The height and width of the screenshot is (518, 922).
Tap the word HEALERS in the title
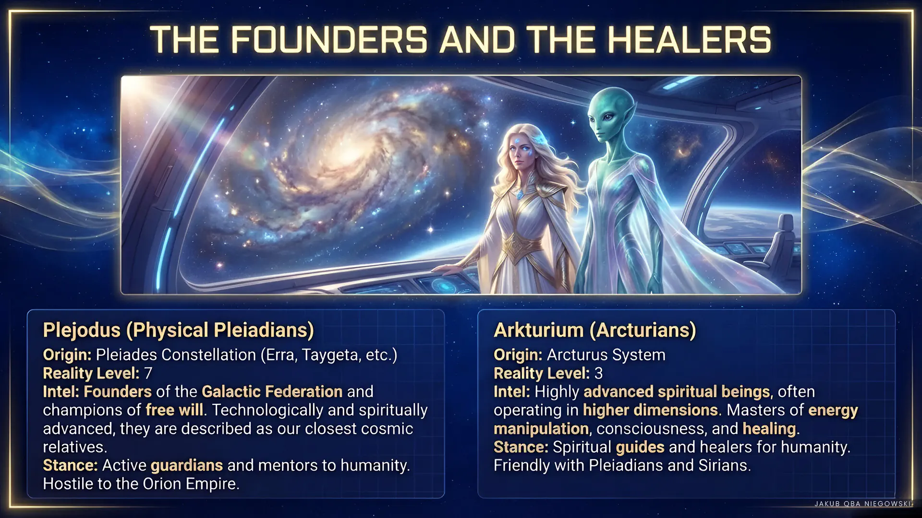[689, 39]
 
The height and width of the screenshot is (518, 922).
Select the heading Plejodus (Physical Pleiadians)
[178, 330]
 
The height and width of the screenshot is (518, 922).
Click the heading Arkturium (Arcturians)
[595, 330]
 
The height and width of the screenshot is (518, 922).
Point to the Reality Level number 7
[148, 373]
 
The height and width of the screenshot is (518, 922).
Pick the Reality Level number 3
[598, 373]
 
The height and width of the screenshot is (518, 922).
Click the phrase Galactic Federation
[272, 391]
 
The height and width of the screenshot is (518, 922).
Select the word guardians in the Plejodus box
[187, 466]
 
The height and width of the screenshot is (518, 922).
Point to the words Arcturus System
[606, 355]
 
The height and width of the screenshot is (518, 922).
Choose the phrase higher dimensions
[651, 410]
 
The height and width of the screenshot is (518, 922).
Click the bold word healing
[769, 429]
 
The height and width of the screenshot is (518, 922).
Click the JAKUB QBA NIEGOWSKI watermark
[862, 504]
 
